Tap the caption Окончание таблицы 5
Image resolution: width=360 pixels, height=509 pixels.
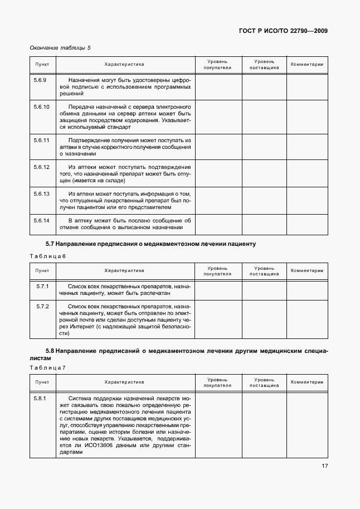[60, 48]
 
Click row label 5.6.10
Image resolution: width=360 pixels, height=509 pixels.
[41, 106]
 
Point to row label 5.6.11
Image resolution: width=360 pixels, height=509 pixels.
[41, 140]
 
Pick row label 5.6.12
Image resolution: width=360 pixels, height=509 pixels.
[41, 167]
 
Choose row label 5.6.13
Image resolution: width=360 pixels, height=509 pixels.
[41, 193]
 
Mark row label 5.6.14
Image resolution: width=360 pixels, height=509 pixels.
[41, 220]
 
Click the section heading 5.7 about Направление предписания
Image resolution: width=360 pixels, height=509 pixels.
[150, 244]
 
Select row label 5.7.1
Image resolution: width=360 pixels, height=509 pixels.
[42, 286]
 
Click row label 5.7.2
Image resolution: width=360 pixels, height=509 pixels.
[42, 307]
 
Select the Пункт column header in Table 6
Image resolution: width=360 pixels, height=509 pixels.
[42, 270]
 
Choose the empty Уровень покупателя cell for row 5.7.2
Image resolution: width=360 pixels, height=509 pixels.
[217, 319]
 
